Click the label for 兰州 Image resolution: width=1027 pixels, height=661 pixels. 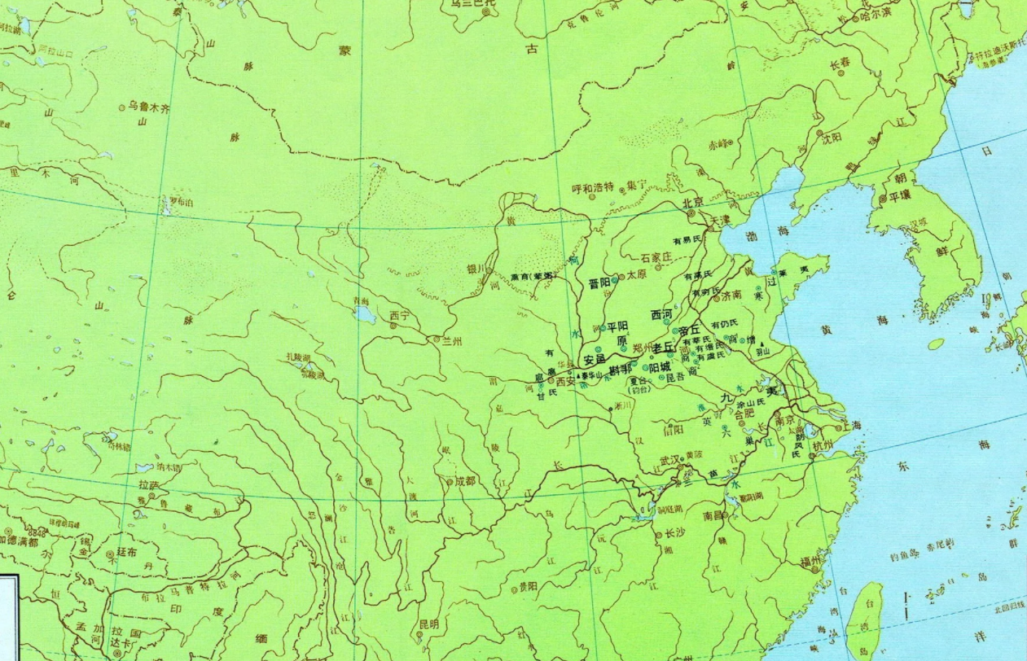452,341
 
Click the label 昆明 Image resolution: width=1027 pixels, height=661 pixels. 428,624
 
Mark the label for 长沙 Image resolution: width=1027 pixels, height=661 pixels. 676,534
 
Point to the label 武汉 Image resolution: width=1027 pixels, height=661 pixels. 669,461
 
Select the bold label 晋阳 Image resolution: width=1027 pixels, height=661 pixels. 599,283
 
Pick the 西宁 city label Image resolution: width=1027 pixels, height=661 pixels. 399,314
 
